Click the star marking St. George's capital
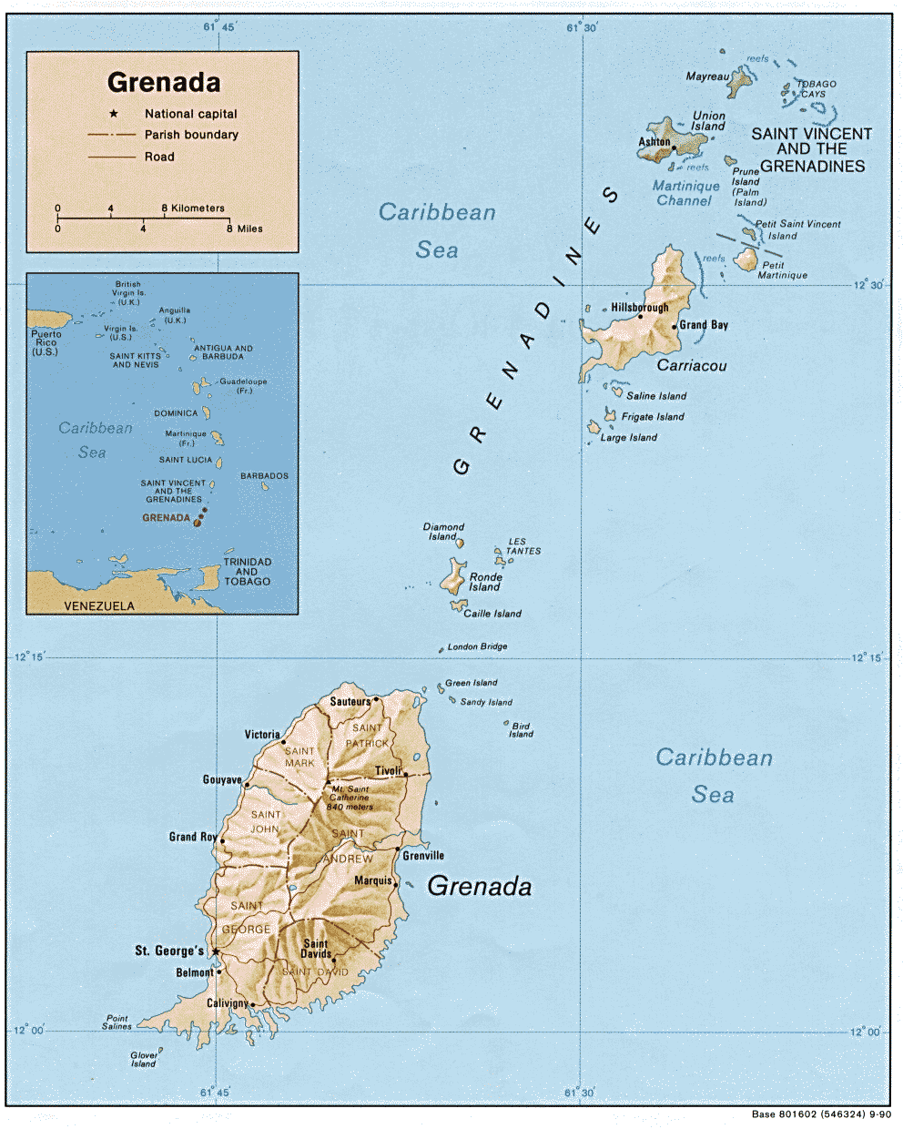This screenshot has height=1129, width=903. pyautogui.click(x=216, y=951)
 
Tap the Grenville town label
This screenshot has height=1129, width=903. pyautogui.click(x=423, y=855)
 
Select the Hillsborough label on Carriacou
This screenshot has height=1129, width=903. pyautogui.click(x=639, y=308)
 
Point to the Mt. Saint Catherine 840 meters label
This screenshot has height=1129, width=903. pyautogui.click(x=350, y=798)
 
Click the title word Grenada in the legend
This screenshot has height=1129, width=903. pyautogui.click(x=164, y=83)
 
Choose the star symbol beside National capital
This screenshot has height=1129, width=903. pyautogui.click(x=114, y=114)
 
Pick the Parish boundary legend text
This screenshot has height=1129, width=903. pyautogui.click(x=191, y=135)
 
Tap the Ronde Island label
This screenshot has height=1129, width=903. pyautogui.click(x=485, y=582)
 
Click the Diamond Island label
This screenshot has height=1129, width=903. pyautogui.click(x=443, y=532)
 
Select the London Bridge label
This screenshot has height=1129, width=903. pyautogui.click(x=477, y=646)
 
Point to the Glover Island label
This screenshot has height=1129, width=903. pyautogui.click(x=144, y=1059)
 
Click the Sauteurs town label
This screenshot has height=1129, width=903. pyautogui.click(x=350, y=701)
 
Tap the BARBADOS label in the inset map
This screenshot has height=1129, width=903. pyautogui.click(x=264, y=475)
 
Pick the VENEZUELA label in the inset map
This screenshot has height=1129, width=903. pyautogui.click(x=99, y=605)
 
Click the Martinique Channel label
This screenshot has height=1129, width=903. pyautogui.click(x=685, y=193)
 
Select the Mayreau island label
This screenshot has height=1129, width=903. pyautogui.click(x=706, y=76)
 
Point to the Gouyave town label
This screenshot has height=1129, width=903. pyautogui.click(x=221, y=779)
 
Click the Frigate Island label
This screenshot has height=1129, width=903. pyautogui.click(x=652, y=417)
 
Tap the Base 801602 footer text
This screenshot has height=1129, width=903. pyautogui.click(x=821, y=1114)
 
